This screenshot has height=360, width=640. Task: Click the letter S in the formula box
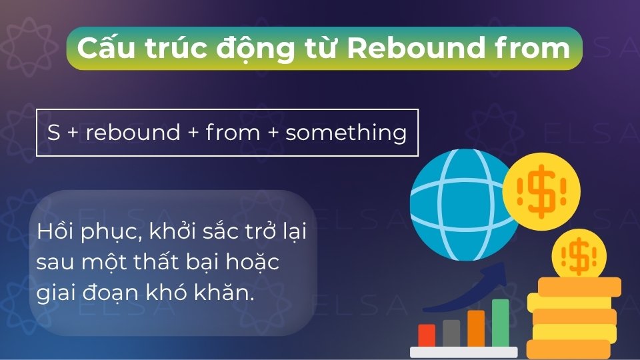[x=54, y=132]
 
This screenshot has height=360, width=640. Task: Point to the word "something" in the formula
[x=346, y=132]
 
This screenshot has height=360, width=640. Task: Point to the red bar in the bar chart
[x=427, y=335]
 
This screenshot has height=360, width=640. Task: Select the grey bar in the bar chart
[x=451, y=333]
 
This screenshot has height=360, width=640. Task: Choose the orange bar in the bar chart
[x=476, y=328]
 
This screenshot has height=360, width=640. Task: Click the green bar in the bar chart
[x=500, y=323]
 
